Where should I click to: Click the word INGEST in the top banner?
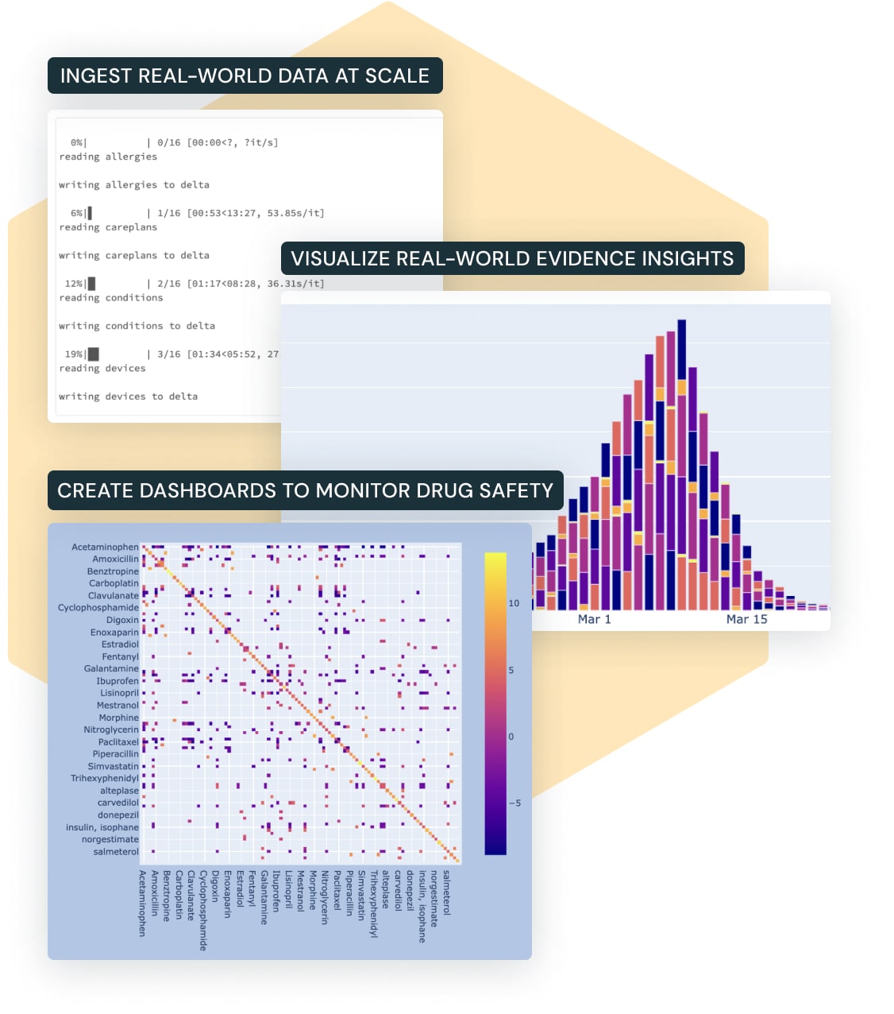click(x=95, y=76)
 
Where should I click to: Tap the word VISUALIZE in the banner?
click(x=339, y=259)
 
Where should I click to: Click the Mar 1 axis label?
click(x=594, y=620)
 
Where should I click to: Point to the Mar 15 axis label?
click(x=746, y=620)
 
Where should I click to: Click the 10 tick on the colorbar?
click(x=514, y=603)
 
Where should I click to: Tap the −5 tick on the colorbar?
click(x=514, y=803)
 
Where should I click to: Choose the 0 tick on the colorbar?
click(x=511, y=737)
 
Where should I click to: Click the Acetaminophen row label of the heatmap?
click(x=105, y=547)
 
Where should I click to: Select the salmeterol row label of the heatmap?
click(x=116, y=852)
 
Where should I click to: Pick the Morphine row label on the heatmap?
click(x=118, y=718)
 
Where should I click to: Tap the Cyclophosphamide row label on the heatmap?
click(x=98, y=608)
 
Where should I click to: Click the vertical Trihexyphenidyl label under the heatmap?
click(x=373, y=904)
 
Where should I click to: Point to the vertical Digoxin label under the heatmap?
click(x=215, y=885)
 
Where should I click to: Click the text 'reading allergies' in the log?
click(x=108, y=157)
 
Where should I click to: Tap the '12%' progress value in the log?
click(x=74, y=284)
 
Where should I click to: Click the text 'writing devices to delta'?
click(x=128, y=397)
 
